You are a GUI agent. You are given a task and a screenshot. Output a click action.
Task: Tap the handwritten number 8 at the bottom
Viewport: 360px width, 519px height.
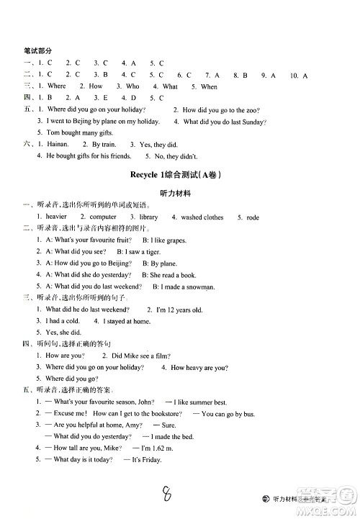[167, 493]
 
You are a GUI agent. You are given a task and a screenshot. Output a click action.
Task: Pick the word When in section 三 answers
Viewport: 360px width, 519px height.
[210, 86]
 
